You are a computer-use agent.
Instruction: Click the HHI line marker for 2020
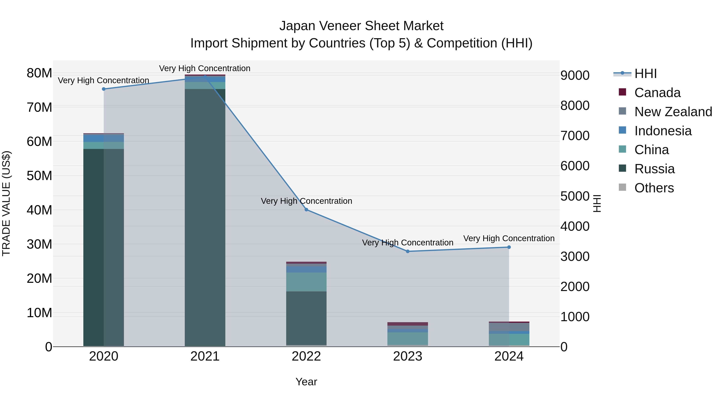coord(104,89)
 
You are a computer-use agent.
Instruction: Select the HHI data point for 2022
coord(306,210)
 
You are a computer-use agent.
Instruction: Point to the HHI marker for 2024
coord(509,247)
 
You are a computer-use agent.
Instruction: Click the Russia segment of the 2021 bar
coord(205,219)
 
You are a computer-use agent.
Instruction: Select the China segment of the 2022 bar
coord(306,282)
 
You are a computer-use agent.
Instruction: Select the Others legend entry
coord(654,188)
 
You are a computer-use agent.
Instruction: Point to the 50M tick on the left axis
coord(39,176)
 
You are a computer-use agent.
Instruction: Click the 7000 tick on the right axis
coord(575,136)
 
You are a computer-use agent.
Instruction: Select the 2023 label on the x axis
coord(407,356)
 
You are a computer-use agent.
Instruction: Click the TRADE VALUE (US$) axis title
coord(6,203)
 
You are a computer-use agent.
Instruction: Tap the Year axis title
coord(306,382)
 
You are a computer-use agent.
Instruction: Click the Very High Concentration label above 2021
coord(205,68)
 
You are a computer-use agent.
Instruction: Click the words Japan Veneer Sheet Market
coord(361,26)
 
